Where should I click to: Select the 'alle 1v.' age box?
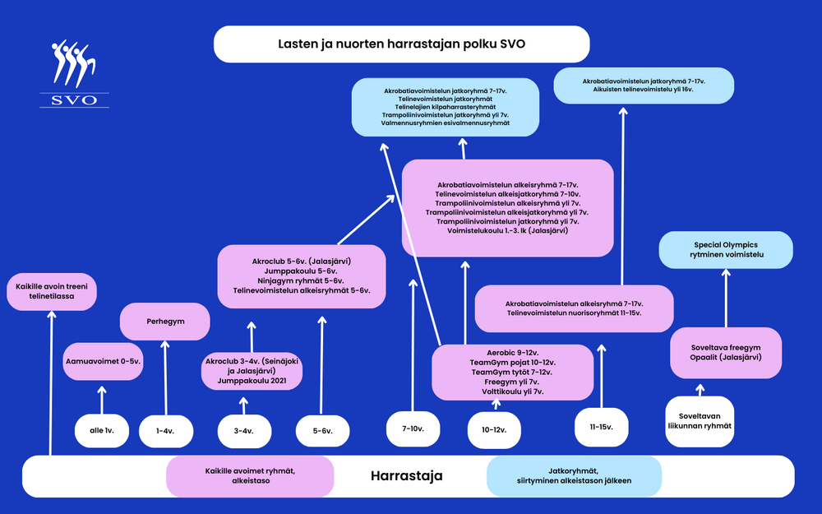[x=102, y=430]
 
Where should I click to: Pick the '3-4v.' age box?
[x=243, y=430]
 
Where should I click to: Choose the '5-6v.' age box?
[x=321, y=430]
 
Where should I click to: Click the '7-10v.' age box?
[x=412, y=428]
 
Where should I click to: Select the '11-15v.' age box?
[x=602, y=427]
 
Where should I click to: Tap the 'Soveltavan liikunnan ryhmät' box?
[x=700, y=421]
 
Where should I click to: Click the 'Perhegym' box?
[x=165, y=322]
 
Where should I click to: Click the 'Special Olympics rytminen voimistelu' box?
[x=726, y=250]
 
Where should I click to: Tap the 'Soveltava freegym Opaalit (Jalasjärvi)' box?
[x=726, y=352]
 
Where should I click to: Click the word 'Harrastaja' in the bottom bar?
[x=406, y=476]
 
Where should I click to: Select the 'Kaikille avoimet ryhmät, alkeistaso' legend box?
[x=251, y=476]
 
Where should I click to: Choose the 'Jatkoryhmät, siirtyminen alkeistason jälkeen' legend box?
[x=575, y=476]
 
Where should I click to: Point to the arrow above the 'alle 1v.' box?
[x=102, y=401]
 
